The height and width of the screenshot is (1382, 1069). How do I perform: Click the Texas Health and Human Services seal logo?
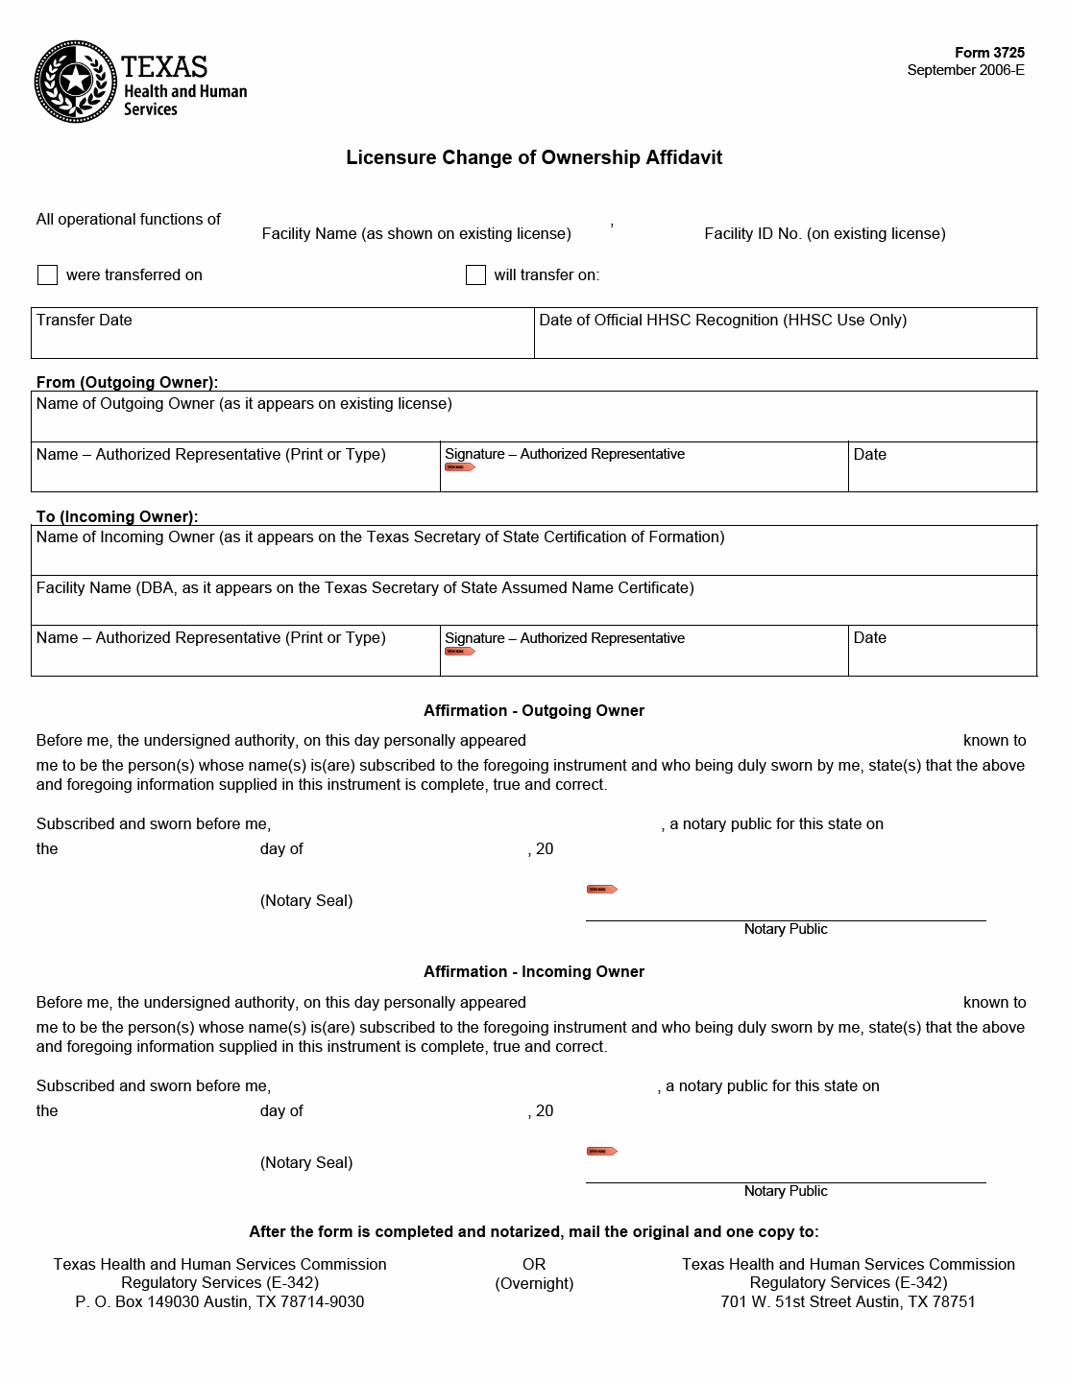click(x=76, y=82)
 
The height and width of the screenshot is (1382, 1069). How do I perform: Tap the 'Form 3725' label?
click(x=989, y=53)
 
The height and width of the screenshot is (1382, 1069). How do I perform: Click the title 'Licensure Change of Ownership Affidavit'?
click(x=534, y=157)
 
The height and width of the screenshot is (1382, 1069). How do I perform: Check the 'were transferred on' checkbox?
click(x=47, y=275)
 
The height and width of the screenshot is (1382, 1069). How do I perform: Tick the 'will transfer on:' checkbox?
click(x=475, y=275)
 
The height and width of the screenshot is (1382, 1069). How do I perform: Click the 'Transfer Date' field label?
click(x=85, y=321)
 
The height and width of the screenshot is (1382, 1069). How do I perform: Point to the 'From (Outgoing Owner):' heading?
click(x=127, y=382)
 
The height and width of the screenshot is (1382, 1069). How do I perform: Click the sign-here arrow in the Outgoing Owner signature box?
click(x=460, y=467)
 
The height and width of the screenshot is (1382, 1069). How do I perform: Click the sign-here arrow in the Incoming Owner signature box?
click(x=460, y=652)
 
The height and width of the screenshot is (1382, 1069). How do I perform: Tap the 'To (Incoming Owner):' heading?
click(x=117, y=516)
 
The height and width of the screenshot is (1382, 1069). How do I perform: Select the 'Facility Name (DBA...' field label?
click(x=365, y=587)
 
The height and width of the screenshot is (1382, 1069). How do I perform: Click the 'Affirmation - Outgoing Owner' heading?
click(x=534, y=710)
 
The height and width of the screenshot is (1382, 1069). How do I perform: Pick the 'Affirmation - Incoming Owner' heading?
click(x=534, y=971)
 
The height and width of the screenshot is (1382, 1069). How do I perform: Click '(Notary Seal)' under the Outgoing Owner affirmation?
click(x=306, y=900)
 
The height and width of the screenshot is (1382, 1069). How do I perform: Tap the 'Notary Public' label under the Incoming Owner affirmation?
click(x=786, y=1191)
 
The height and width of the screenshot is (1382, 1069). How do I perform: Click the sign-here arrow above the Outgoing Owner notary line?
click(x=601, y=890)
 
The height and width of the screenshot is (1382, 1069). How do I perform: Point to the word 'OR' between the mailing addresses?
click(x=534, y=1265)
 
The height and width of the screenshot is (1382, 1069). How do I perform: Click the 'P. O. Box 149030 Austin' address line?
click(x=220, y=1301)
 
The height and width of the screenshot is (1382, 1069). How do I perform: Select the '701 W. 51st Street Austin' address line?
click(x=848, y=1301)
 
